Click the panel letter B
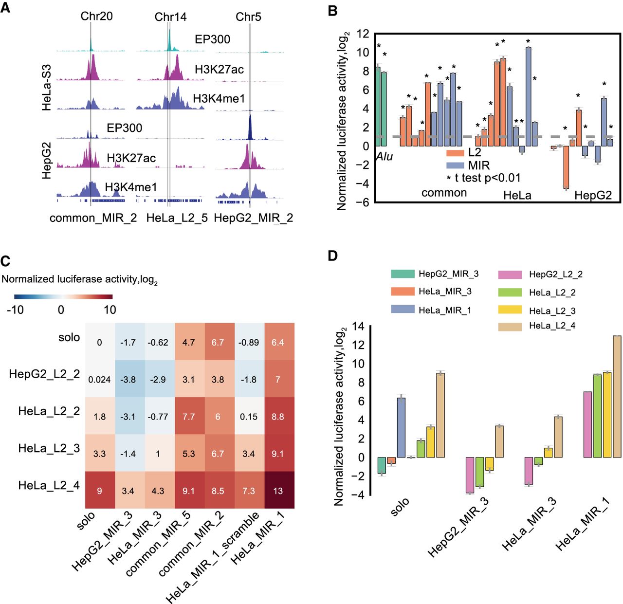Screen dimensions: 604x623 click(x=333, y=11)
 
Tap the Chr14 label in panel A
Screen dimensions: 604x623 click(x=170, y=17)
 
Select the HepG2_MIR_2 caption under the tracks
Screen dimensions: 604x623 click(x=253, y=218)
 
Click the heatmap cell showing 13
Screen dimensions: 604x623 click(x=278, y=491)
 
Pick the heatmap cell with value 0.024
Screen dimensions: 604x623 click(x=99, y=380)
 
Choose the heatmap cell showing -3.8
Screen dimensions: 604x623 click(x=128, y=380)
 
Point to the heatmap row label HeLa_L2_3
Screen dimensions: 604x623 click(x=49, y=448)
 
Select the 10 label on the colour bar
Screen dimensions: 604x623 click(x=110, y=310)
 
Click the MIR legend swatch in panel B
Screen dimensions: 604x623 click(x=455, y=165)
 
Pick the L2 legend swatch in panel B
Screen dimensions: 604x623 click(x=455, y=153)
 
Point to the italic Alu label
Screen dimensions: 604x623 click(x=384, y=157)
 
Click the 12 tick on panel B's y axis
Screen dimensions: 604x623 click(x=363, y=34)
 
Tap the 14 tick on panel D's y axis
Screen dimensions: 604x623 click(x=358, y=327)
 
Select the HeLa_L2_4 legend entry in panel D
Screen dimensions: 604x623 click(x=552, y=326)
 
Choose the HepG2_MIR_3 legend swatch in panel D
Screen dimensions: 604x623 click(x=403, y=274)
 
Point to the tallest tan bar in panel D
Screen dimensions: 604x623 click(x=617, y=397)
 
